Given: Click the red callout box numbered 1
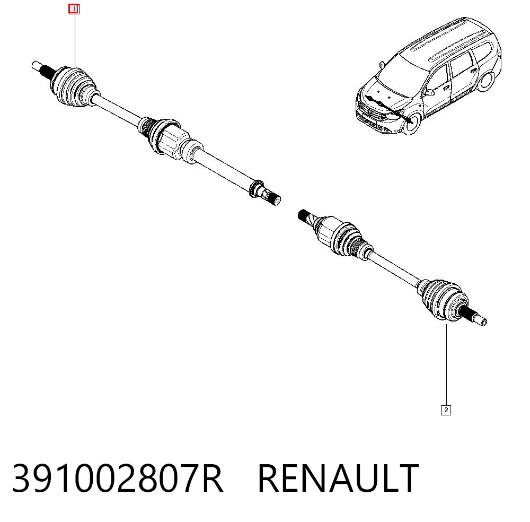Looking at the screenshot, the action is (74, 9).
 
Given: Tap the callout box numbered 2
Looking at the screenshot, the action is (446, 410).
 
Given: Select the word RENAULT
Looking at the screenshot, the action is (338, 478).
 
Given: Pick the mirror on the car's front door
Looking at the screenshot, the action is (430, 92).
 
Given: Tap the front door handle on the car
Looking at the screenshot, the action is (446, 88).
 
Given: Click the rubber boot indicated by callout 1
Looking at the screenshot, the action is (74, 86).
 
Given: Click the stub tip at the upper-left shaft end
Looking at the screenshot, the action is (37, 66).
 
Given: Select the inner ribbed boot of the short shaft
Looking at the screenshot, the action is (348, 239).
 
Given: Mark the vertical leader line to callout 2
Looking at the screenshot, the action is (446, 364).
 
